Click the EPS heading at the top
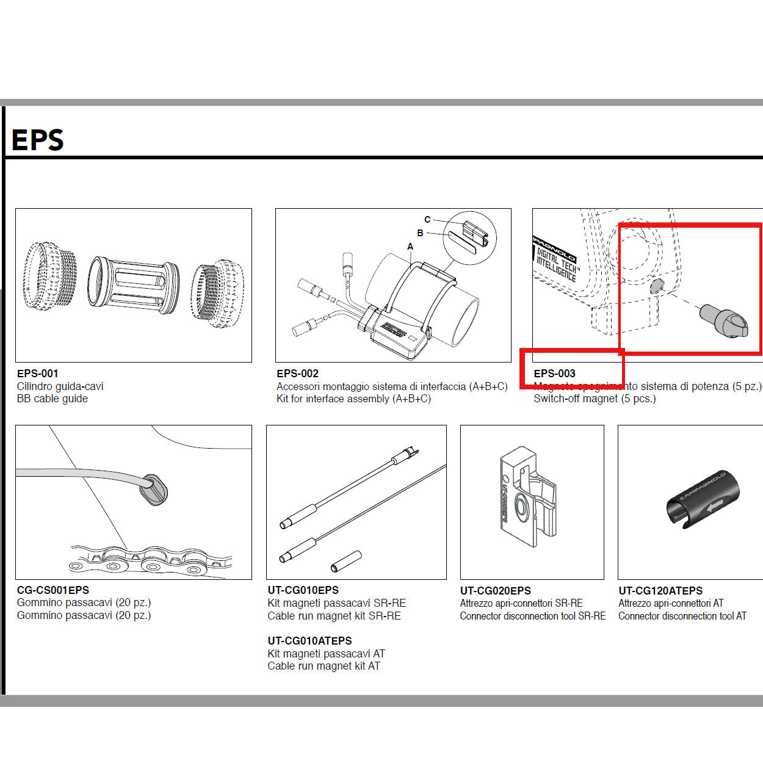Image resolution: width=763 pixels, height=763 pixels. pyautogui.click(x=37, y=140)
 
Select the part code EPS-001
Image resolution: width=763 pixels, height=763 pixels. pyautogui.click(x=38, y=374)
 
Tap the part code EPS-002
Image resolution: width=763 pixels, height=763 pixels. pyautogui.click(x=297, y=374)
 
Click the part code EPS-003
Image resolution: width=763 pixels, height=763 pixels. pyautogui.click(x=554, y=374)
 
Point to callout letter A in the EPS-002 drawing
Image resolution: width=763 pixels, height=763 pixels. pyautogui.click(x=410, y=247)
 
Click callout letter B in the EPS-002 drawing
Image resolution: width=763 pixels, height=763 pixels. pyautogui.click(x=420, y=233)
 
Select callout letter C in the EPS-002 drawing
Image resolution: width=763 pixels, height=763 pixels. pyautogui.click(x=427, y=220)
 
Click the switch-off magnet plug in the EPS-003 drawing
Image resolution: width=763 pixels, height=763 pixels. pyautogui.click(x=723, y=320)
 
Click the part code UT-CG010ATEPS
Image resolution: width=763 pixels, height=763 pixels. pyautogui.click(x=309, y=641)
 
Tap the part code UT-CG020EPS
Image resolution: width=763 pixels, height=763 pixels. pyautogui.click(x=495, y=591)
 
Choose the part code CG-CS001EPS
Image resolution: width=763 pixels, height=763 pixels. pyautogui.click(x=53, y=590)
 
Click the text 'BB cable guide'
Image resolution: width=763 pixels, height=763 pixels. pyautogui.click(x=52, y=399)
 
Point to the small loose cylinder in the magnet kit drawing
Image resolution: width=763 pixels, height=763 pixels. pyautogui.click(x=346, y=561)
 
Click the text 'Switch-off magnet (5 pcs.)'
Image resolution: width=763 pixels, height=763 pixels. pyautogui.click(x=595, y=399)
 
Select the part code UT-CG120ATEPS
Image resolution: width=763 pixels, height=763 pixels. pyautogui.click(x=660, y=591)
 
